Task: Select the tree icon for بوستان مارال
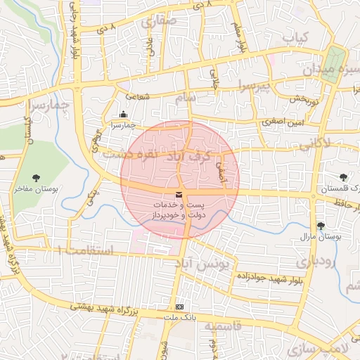[x=321, y=226]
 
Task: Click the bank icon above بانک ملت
[x=180, y=307]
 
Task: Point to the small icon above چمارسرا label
[x=124, y=115]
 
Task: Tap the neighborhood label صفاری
[x=160, y=21]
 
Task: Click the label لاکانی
[x=315, y=146]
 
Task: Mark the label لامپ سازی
[x=328, y=349]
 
